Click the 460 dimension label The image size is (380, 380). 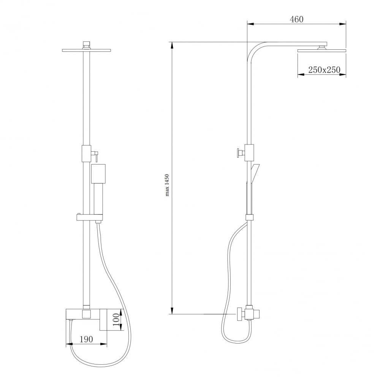click(x=297, y=19)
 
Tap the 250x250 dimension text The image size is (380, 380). click(x=324, y=70)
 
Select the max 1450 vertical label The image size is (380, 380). click(x=167, y=185)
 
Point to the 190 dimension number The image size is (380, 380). click(x=86, y=339)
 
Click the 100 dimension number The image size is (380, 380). click(x=116, y=319)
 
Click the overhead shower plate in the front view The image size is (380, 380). click(x=87, y=51)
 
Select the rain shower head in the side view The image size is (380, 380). click(x=322, y=51)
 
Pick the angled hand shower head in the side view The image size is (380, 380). click(x=255, y=173)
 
